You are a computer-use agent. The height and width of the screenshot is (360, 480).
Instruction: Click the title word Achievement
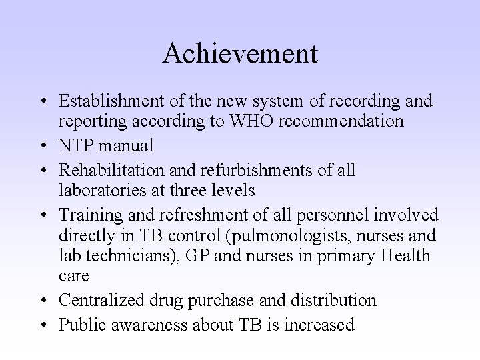tap(240, 53)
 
